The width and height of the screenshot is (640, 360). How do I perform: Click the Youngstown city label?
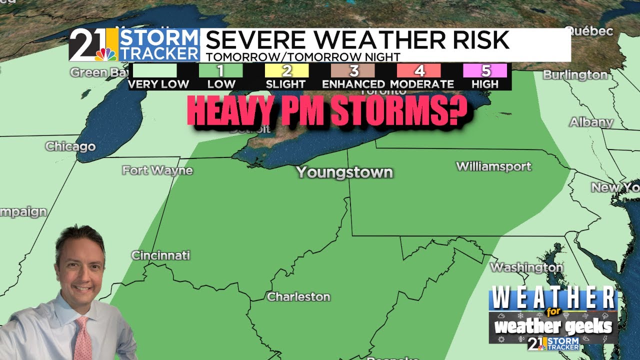(344, 172)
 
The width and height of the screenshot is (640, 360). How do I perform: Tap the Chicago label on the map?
(70, 146)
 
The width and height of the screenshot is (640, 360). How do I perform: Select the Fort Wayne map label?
(157, 170)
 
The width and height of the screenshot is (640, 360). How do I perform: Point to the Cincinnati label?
(160, 255)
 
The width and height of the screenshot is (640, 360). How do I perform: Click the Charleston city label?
(298, 296)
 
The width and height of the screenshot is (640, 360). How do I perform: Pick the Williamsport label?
(493, 166)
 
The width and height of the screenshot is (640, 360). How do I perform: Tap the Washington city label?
(526, 267)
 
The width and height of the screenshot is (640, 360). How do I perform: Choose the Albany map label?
(591, 122)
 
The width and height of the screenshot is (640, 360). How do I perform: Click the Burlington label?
(575, 75)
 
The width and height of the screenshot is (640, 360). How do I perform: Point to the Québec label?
(589, 31)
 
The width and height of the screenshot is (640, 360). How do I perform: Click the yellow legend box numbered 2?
(286, 70)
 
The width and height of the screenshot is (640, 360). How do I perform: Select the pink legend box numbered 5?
(485, 70)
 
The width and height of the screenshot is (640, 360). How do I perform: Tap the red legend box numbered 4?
(419, 70)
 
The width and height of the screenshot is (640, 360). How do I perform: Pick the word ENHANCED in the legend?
(353, 84)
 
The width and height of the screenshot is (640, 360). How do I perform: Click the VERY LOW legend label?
(158, 84)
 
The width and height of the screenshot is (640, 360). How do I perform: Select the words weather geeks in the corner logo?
(553, 326)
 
